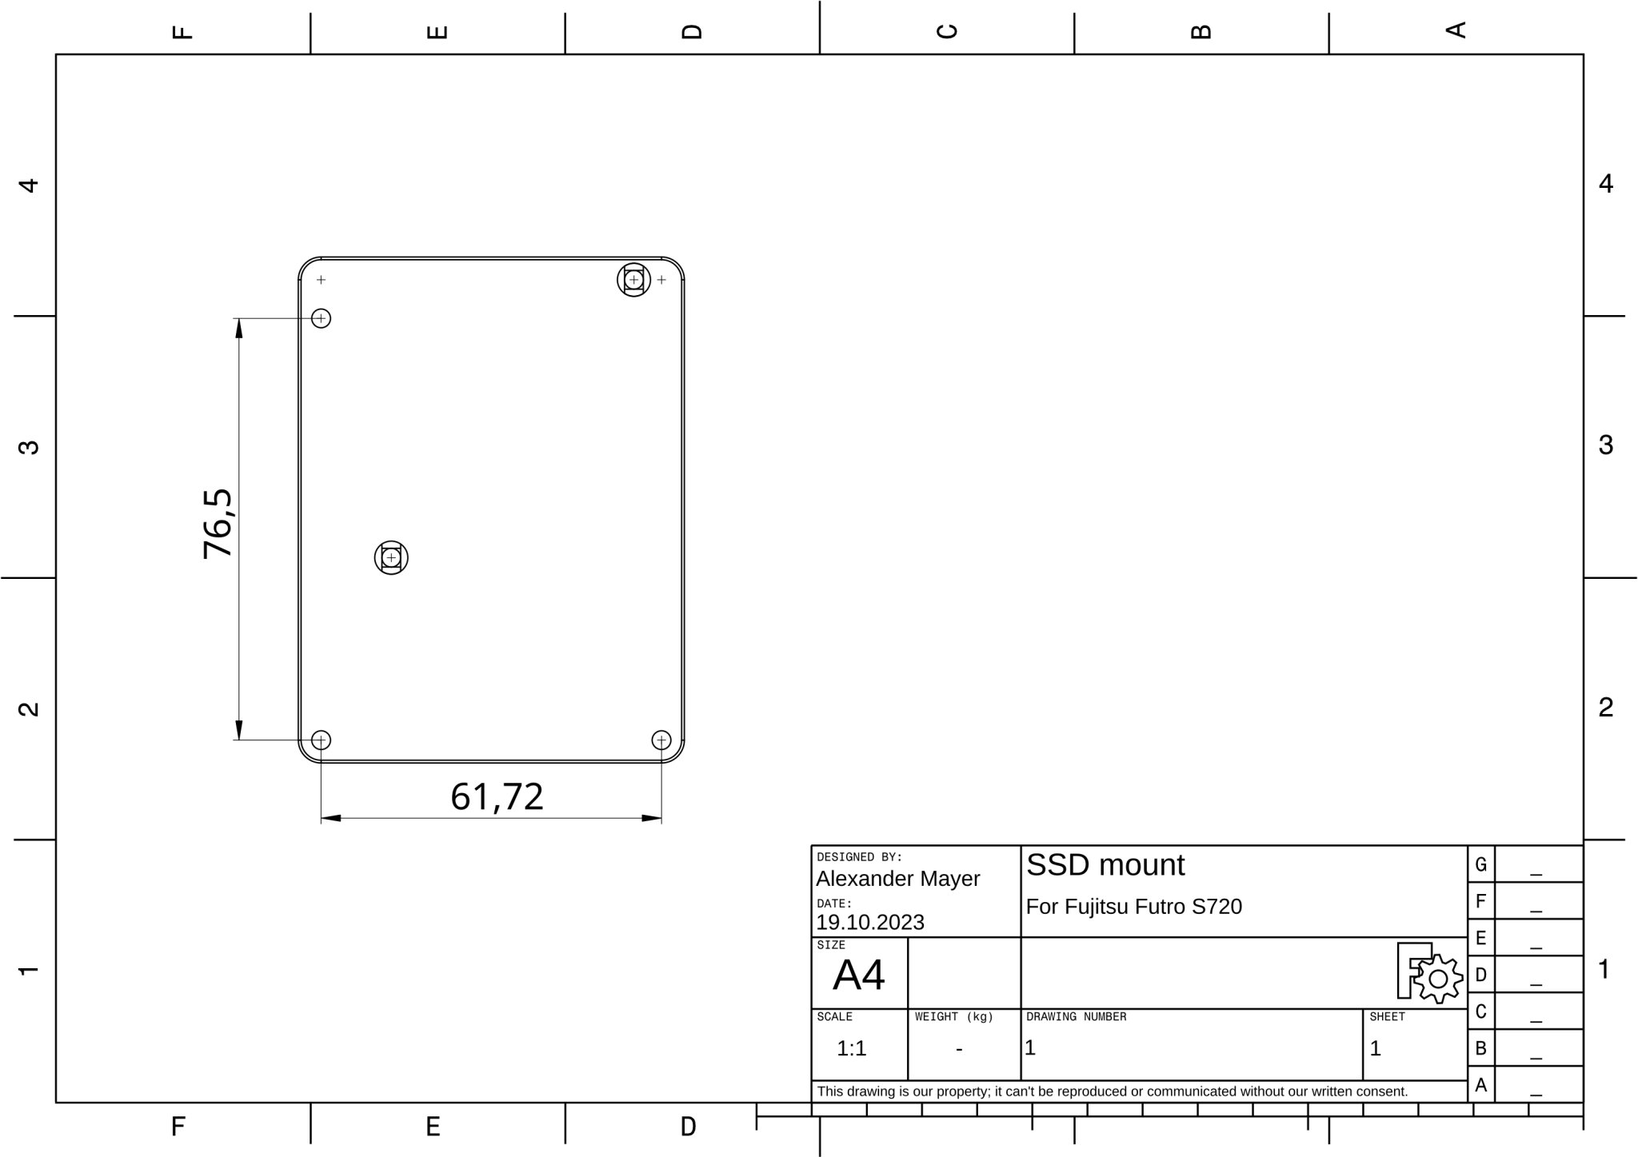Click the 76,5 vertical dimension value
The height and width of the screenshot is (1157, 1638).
click(x=218, y=524)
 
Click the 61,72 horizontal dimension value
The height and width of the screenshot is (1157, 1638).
click(x=497, y=796)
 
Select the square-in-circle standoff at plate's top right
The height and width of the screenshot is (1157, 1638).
click(x=633, y=280)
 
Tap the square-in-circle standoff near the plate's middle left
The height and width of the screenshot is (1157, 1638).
click(x=391, y=557)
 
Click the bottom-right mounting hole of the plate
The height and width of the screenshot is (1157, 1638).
click(x=661, y=740)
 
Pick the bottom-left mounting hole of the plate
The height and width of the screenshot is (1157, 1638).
click(x=321, y=740)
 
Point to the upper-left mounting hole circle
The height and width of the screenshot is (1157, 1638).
click(x=321, y=318)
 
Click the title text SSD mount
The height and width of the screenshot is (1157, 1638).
click(x=1105, y=865)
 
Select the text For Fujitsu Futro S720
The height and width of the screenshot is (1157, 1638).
click(x=1133, y=907)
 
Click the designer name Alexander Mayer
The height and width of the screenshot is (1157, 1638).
click(x=897, y=879)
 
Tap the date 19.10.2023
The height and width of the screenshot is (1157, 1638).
click(x=869, y=923)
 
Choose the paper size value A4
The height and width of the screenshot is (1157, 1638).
click(x=858, y=975)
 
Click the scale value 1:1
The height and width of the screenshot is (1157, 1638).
click(x=851, y=1048)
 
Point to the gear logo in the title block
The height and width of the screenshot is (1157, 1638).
click(x=1436, y=979)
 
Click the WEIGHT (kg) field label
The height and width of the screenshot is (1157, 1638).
click(x=953, y=1017)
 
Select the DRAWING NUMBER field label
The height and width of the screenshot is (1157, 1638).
click(x=1076, y=1017)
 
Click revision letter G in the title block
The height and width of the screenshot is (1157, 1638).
click(x=1480, y=864)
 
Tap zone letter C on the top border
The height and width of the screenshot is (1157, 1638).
click(x=946, y=31)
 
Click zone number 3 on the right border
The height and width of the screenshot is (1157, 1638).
click(x=1605, y=445)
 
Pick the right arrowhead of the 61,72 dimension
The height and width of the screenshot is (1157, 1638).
click(x=652, y=818)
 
